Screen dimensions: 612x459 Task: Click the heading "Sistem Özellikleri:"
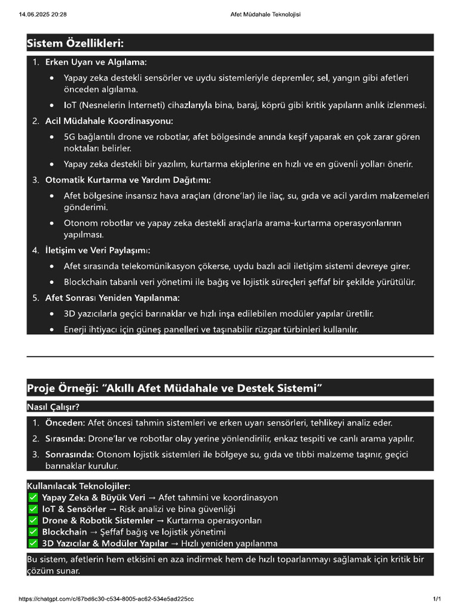click(75, 43)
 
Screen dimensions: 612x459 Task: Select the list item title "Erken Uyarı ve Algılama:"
click(96, 62)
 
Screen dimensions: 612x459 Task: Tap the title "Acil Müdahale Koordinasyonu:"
click(109, 121)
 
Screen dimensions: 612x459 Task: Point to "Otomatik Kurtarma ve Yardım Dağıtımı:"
click(128, 180)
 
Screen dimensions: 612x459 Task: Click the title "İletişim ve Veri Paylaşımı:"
click(97, 250)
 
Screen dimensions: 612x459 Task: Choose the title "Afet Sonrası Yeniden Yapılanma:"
click(112, 298)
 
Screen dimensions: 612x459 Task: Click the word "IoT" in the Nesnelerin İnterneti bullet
click(71, 105)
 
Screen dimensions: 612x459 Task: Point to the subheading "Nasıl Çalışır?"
click(53, 407)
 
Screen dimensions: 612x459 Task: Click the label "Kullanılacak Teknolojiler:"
click(78, 486)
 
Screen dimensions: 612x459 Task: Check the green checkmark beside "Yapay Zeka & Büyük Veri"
click(33, 498)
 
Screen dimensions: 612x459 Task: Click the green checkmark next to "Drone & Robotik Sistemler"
click(33, 521)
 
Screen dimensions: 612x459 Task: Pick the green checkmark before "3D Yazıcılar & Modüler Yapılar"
click(33, 544)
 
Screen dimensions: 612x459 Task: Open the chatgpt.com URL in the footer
click(106, 599)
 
